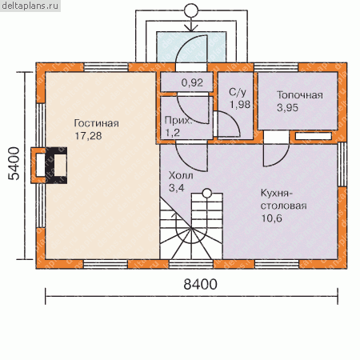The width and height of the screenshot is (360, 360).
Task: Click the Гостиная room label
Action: [x=96, y=123]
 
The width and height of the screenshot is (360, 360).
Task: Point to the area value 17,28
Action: [x=88, y=136]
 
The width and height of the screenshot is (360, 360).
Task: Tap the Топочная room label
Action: [x=300, y=95]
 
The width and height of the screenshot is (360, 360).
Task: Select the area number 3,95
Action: [x=287, y=108]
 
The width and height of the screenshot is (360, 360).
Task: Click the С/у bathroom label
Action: [x=238, y=93]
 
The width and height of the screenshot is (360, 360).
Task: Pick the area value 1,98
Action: [x=240, y=105]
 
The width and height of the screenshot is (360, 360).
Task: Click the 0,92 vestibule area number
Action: [x=192, y=83]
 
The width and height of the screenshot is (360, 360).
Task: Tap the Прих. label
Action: [x=178, y=121]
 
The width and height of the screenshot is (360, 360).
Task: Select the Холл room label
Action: [x=181, y=175]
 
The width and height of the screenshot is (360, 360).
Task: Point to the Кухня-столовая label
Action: [x=283, y=199]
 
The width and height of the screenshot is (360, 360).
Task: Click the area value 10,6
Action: [x=271, y=218]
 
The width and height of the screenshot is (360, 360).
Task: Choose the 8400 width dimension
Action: [x=200, y=284]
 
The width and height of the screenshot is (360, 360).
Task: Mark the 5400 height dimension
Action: [x=14, y=163]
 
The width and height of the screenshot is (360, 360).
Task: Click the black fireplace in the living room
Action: [x=56, y=166]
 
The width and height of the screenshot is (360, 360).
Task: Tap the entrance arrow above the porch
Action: [x=191, y=25]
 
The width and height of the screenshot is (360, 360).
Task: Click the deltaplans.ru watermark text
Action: [x=30, y=6]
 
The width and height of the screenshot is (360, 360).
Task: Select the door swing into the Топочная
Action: [x=276, y=155]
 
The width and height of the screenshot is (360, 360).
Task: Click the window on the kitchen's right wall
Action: [x=342, y=164]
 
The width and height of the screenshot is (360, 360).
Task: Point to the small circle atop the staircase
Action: [x=207, y=193]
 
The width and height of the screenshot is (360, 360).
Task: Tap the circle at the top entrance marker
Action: [x=191, y=10]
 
